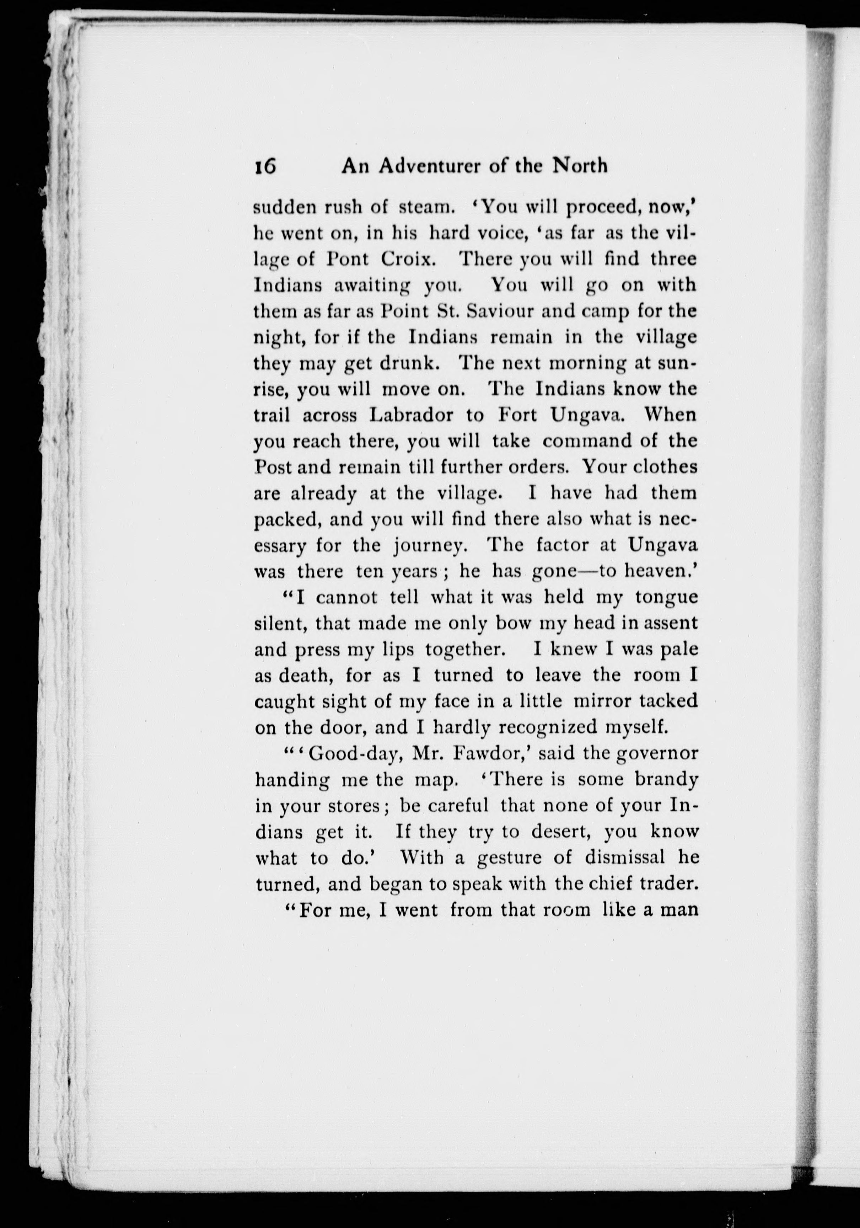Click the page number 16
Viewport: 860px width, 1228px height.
(x=266, y=166)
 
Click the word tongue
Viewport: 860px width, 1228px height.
(x=667, y=597)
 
